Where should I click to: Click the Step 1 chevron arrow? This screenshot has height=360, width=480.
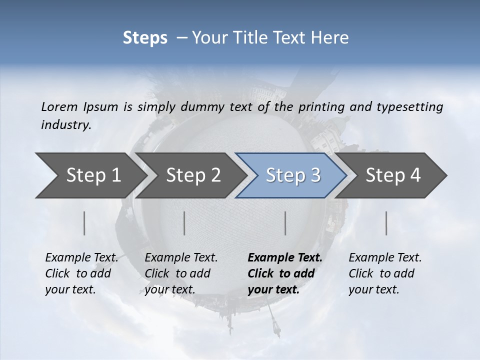click(90, 175)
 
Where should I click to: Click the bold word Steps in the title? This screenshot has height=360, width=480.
click(145, 38)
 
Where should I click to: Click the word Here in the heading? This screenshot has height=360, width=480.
click(330, 38)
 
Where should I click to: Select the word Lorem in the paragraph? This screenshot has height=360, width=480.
click(58, 107)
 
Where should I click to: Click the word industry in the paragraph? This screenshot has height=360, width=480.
click(65, 125)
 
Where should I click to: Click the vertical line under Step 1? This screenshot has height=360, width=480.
click(84, 223)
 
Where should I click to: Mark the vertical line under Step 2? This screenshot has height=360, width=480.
click(184, 223)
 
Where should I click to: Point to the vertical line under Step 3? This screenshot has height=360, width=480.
click(285, 223)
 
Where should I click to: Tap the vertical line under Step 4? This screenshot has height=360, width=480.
click(386, 223)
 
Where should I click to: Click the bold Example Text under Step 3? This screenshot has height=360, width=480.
click(285, 258)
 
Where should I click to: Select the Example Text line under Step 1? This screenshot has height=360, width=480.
click(81, 258)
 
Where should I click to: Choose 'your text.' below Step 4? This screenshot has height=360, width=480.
click(373, 289)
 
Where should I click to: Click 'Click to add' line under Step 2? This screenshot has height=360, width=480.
click(177, 274)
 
